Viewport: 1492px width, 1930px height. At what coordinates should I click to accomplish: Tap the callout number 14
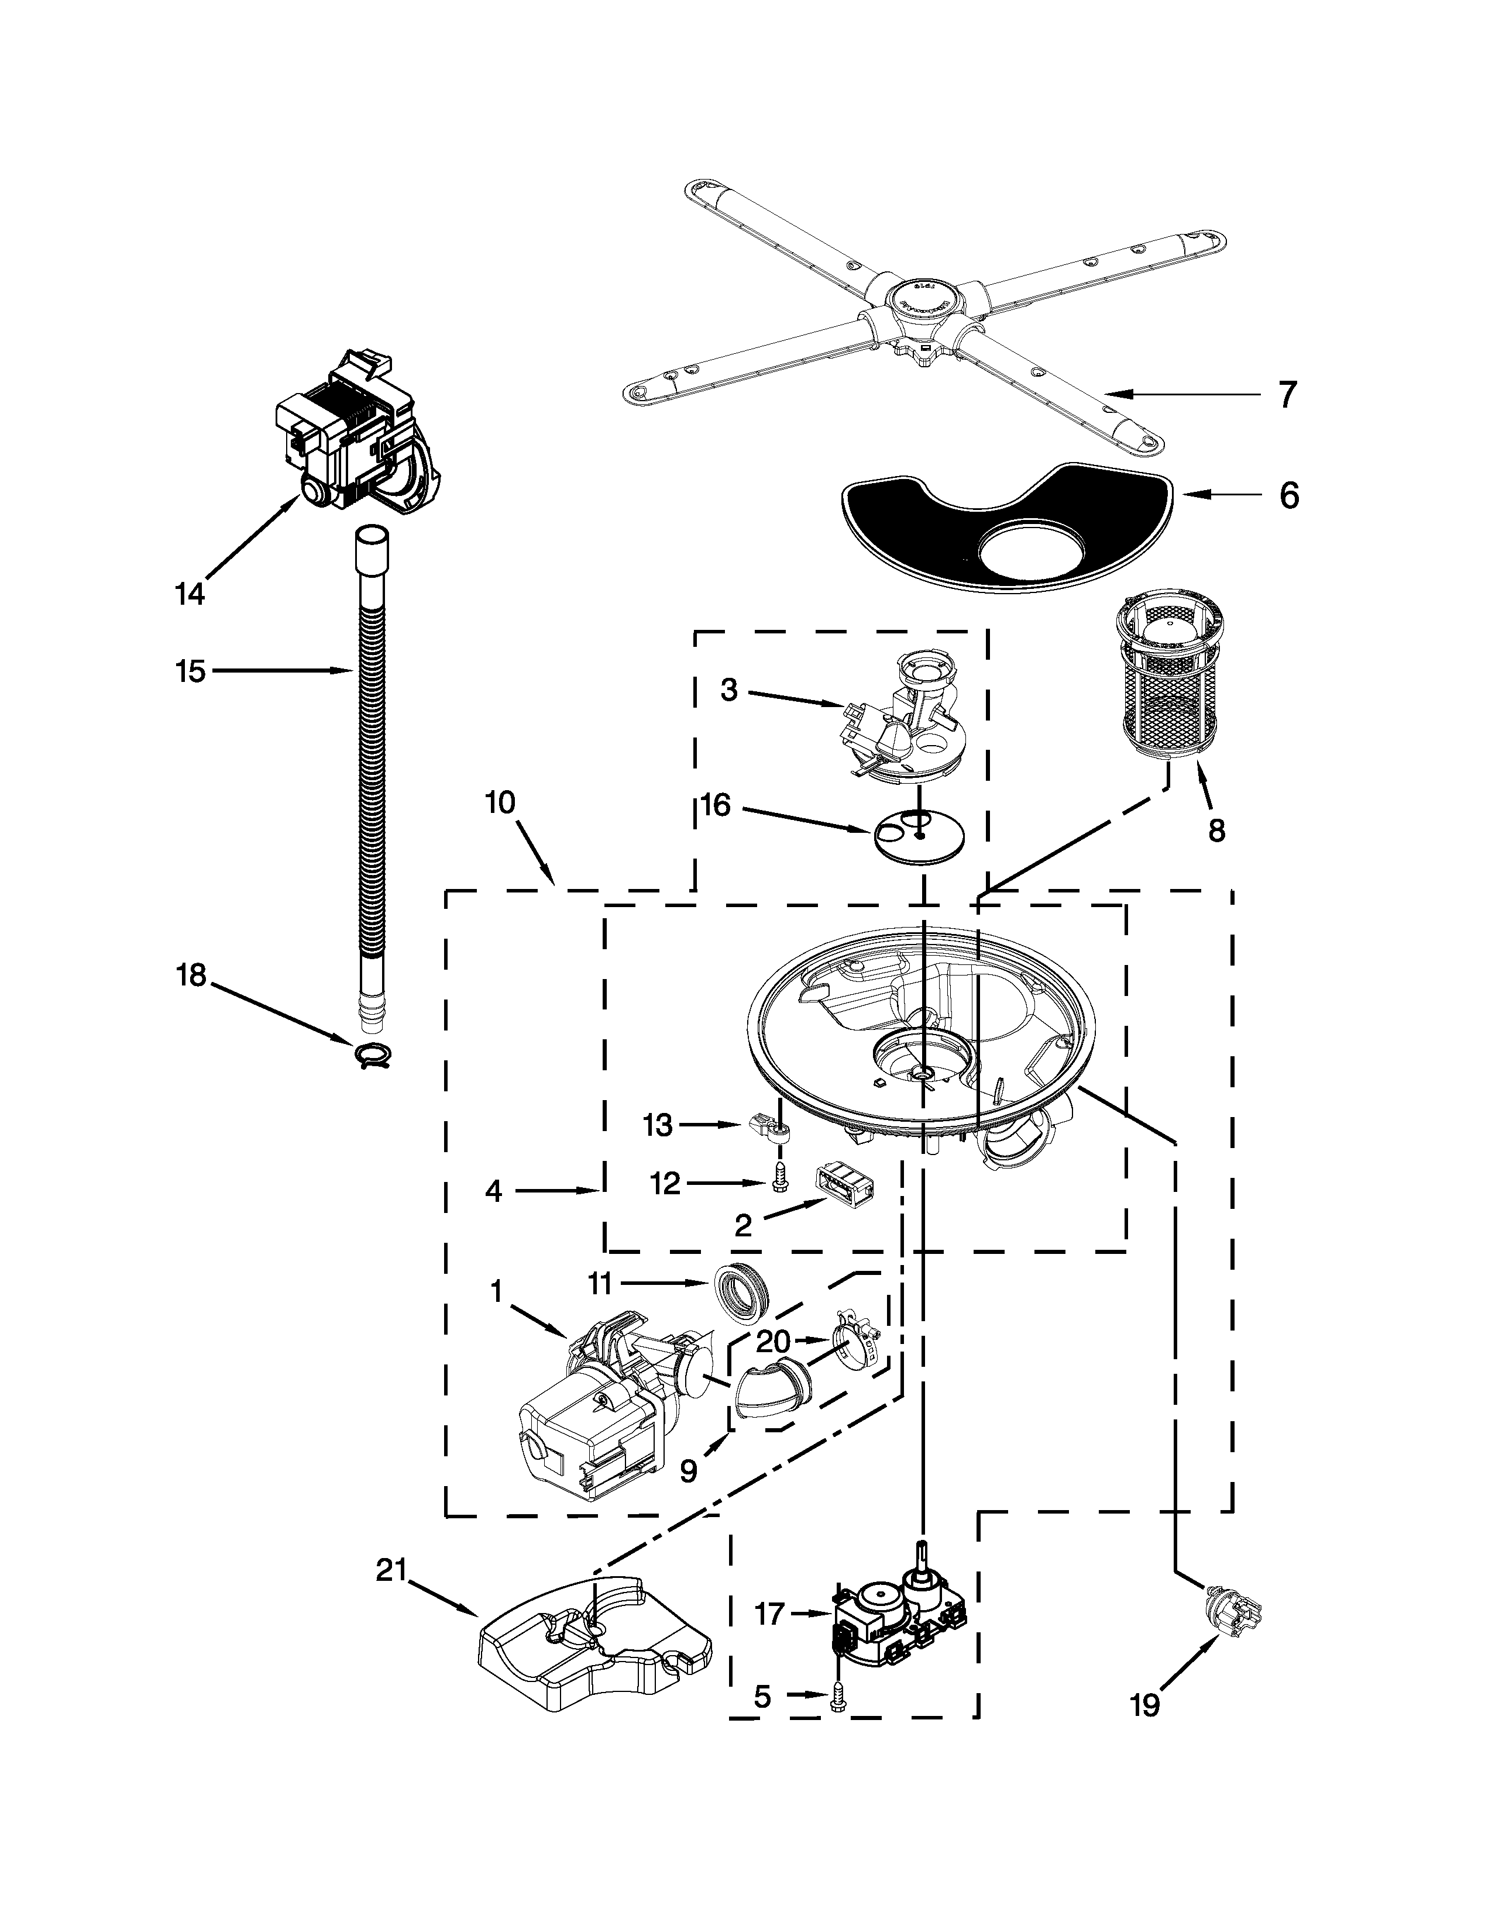coord(189,593)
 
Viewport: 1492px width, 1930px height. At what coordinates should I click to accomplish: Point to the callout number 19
coord(1144,1753)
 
